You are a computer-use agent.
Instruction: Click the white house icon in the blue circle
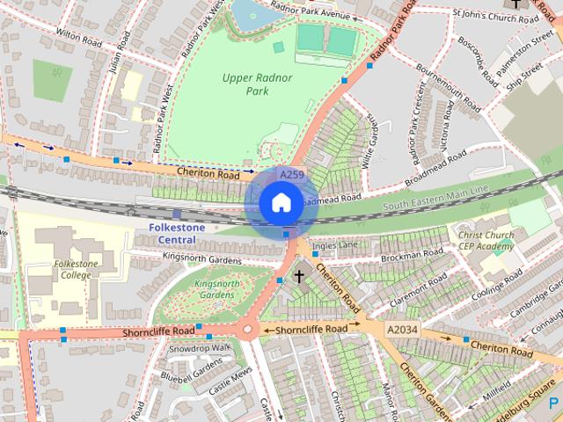pyautogui.click(x=280, y=204)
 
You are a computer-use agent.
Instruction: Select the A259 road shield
pyautogui.click(x=292, y=176)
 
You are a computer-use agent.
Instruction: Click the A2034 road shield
pyautogui.click(x=401, y=330)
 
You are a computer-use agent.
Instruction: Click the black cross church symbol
pyautogui.click(x=299, y=277)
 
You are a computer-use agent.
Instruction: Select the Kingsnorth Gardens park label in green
pyautogui.click(x=216, y=289)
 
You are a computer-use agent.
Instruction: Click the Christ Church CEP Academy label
pyautogui.click(x=485, y=240)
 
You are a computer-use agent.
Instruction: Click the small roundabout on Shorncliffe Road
pyautogui.click(x=247, y=331)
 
